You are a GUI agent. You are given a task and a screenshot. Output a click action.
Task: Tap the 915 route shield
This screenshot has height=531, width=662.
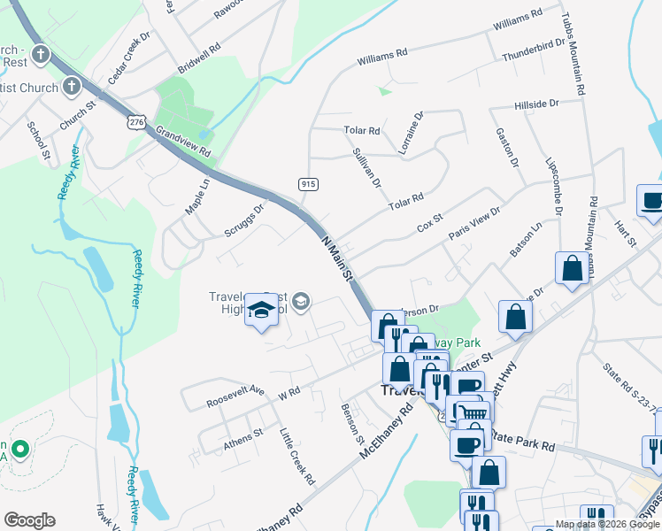click(x=308, y=183)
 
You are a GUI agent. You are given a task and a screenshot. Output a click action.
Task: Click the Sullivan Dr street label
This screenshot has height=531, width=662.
click(x=366, y=169)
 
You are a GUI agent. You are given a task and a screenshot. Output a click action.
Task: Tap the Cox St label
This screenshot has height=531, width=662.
click(x=429, y=222)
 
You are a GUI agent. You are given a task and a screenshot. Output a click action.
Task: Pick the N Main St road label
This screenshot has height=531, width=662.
click(x=336, y=259)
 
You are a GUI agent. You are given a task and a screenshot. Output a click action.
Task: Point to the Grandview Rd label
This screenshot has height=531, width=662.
click(x=183, y=141)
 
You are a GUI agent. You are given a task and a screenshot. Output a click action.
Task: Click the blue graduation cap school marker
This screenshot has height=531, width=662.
click(x=262, y=310)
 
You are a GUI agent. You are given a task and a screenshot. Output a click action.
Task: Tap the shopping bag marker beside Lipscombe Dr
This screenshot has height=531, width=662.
click(x=572, y=269)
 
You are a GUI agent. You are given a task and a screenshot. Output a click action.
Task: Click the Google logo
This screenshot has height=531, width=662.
click(x=29, y=520)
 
